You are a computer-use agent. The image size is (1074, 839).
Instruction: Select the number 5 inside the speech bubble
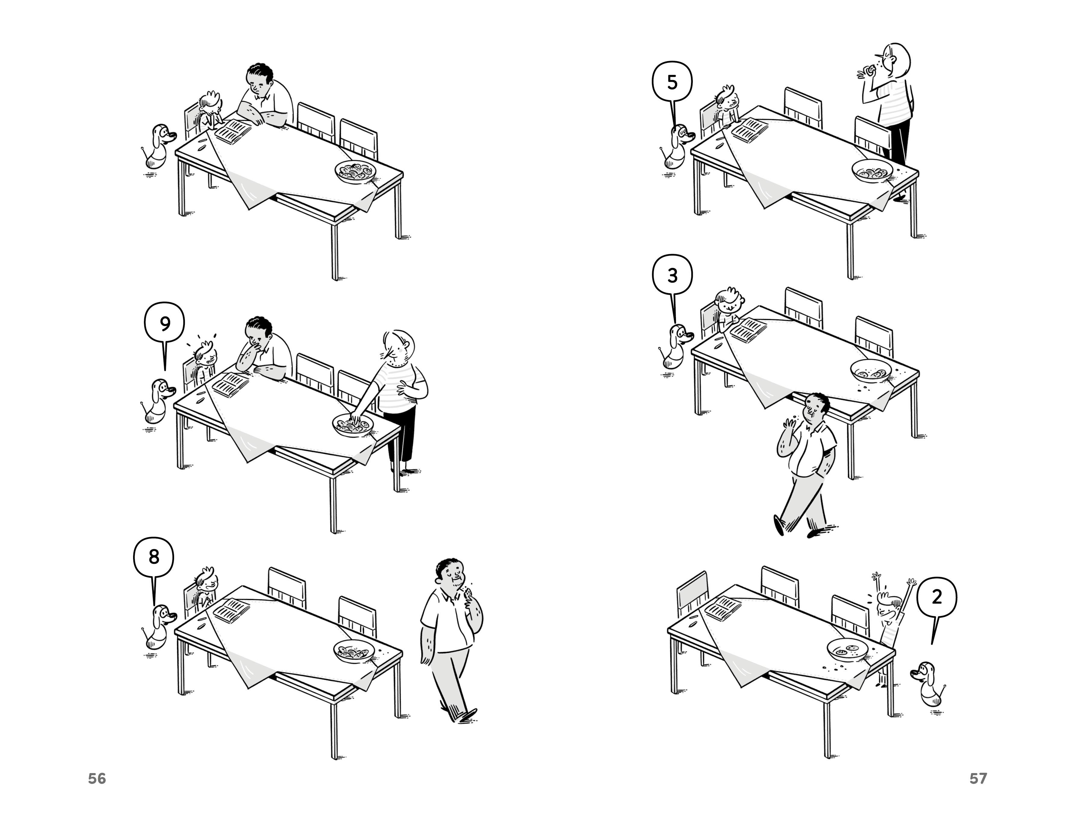coord(672,82)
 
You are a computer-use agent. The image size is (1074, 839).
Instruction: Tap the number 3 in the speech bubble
coord(672,276)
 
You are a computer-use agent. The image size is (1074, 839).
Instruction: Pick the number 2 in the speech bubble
coord(937,597)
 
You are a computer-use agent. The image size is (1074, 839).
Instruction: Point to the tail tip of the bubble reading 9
coord(165,370)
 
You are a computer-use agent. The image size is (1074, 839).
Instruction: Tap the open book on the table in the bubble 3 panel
coord(748,329)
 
